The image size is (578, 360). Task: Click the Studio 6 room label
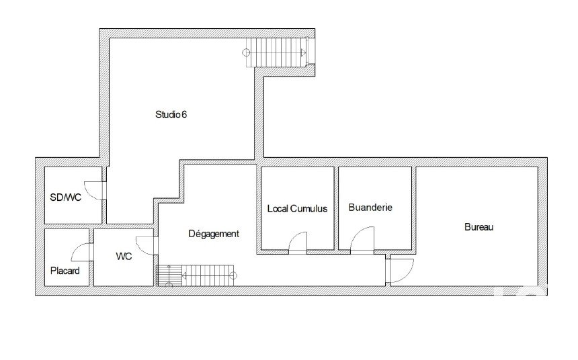(x=171, y=115)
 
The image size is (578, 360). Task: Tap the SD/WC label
(x=66, y=197)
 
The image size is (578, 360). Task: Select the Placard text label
(x=65, y=271)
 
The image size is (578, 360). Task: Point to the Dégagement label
(x=214, y=234)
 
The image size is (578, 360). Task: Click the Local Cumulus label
(x=297, y=209)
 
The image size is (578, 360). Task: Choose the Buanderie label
(x=370, y=208)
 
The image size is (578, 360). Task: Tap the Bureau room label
(x=479, y=227)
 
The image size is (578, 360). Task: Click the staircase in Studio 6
(x=277, y=52)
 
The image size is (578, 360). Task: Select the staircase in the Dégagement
(x=196, y=275)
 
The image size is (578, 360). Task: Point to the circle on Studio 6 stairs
(x=246, y=52)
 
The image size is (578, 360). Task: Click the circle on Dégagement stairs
(x=233, y=275)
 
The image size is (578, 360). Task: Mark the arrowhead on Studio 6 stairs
(x=303, y=52)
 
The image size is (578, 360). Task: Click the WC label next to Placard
(x=124, y=256)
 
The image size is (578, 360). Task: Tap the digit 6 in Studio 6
(x=184, y=115)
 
